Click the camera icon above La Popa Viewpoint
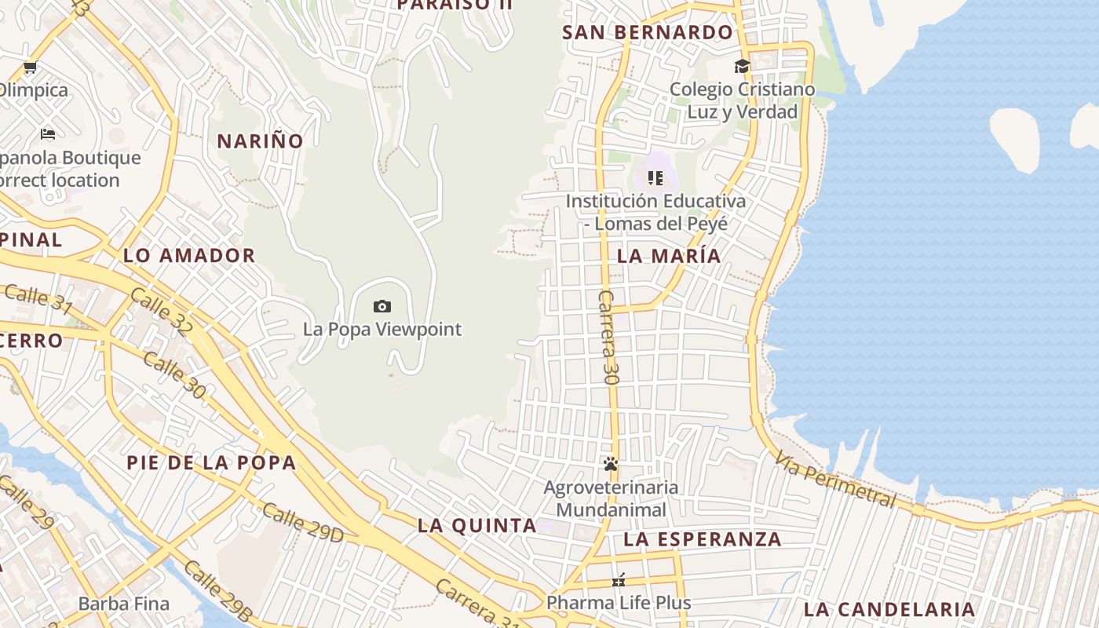click(x=382, y=306)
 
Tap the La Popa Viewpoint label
click(x=382, y=329)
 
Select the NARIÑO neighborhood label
click(x=260, y=141)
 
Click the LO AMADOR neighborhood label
click(x=189, y=255)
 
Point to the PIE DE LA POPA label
click(x=211, y=462)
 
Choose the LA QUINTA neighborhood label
click(x=476, y=525)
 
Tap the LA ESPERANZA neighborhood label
click(x=703, y=539)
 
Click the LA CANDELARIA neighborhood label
click(x=889, y=609)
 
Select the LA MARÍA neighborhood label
click(x=669, y=256)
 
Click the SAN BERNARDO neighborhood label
click(x=648, y=32)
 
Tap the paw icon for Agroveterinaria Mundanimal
click(x=611, y=464)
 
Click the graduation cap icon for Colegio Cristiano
click(x=742, y=67)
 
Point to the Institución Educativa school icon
click(x=655, y=178)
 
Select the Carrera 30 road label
click(x=609, y=337)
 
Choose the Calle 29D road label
click(x=303, y=522)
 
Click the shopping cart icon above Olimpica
click(x=30, y=67)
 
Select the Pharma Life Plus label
click(x=619, y=603)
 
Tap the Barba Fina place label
click(x=124, y=604)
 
